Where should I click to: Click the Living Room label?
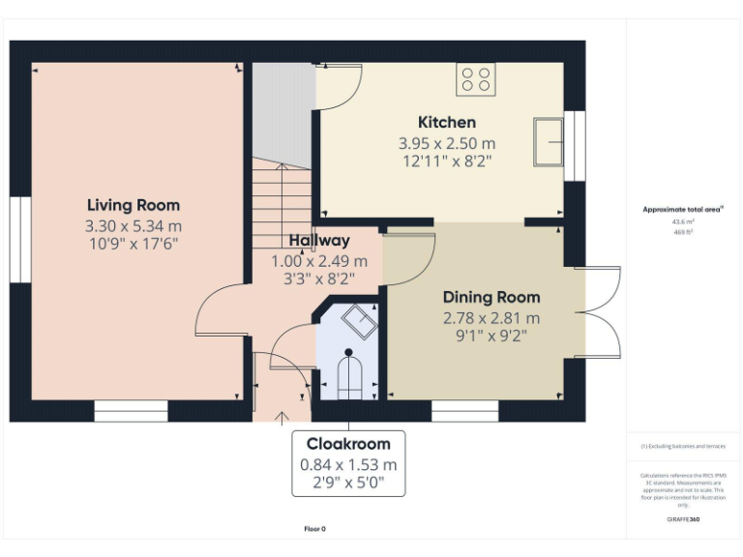click(x=134, y=205)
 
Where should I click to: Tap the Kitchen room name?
click(x=446, y=122)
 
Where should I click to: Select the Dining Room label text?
click(x=491, y=297)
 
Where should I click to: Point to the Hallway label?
click(x=319, y=241)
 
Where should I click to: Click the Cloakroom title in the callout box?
click(x=348, y=444)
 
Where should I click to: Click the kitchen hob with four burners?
click(x=475, y=78)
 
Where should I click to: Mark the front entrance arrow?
click(x=282, y=417)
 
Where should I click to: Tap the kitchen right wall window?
click(x=575, y=145)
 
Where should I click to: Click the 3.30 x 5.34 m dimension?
click(x=133, y=226)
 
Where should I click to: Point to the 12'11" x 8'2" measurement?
click(x=446, y=161)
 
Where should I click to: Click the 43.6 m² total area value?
click(x=683, y=220)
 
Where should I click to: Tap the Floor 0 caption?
click(x=315, y=529)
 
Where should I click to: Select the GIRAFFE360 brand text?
click(x=683, y=519)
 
